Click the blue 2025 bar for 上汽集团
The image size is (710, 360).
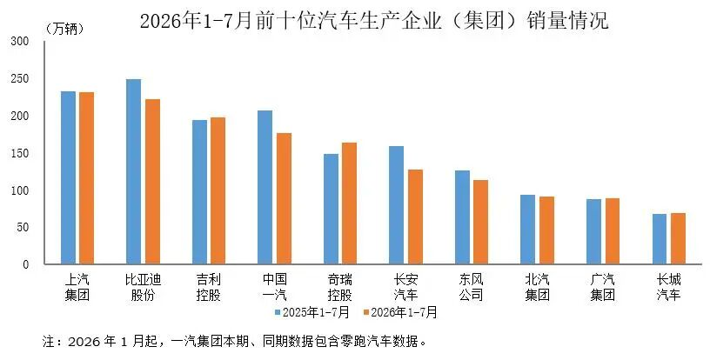(69, 177)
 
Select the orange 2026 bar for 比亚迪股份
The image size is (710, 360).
(152, 182)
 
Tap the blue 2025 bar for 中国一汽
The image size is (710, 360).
(265, 187)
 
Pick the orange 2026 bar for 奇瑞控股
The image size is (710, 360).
(349, 203)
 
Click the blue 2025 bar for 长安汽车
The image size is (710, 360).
(396, 205)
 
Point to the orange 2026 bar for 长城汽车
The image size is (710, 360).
(678, 238)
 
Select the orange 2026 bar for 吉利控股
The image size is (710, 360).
(218, 190)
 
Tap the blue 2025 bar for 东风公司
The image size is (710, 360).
(462, 217)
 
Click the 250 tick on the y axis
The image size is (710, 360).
(19, 78)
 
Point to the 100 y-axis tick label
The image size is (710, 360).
(19, 190)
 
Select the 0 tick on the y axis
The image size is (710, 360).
(26, 264)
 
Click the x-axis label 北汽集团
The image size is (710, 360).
(537, 287)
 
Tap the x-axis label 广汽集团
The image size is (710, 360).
(603, 287)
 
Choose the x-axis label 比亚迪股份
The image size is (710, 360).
(143, 287)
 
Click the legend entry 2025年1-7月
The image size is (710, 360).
(312, 312)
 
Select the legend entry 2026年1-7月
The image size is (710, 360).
(400, 312)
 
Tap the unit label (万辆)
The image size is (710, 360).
(64, 29)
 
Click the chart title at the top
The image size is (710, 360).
(374, 21)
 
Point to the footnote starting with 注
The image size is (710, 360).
(235, 341)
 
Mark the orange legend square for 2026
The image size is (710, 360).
(366, 312)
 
